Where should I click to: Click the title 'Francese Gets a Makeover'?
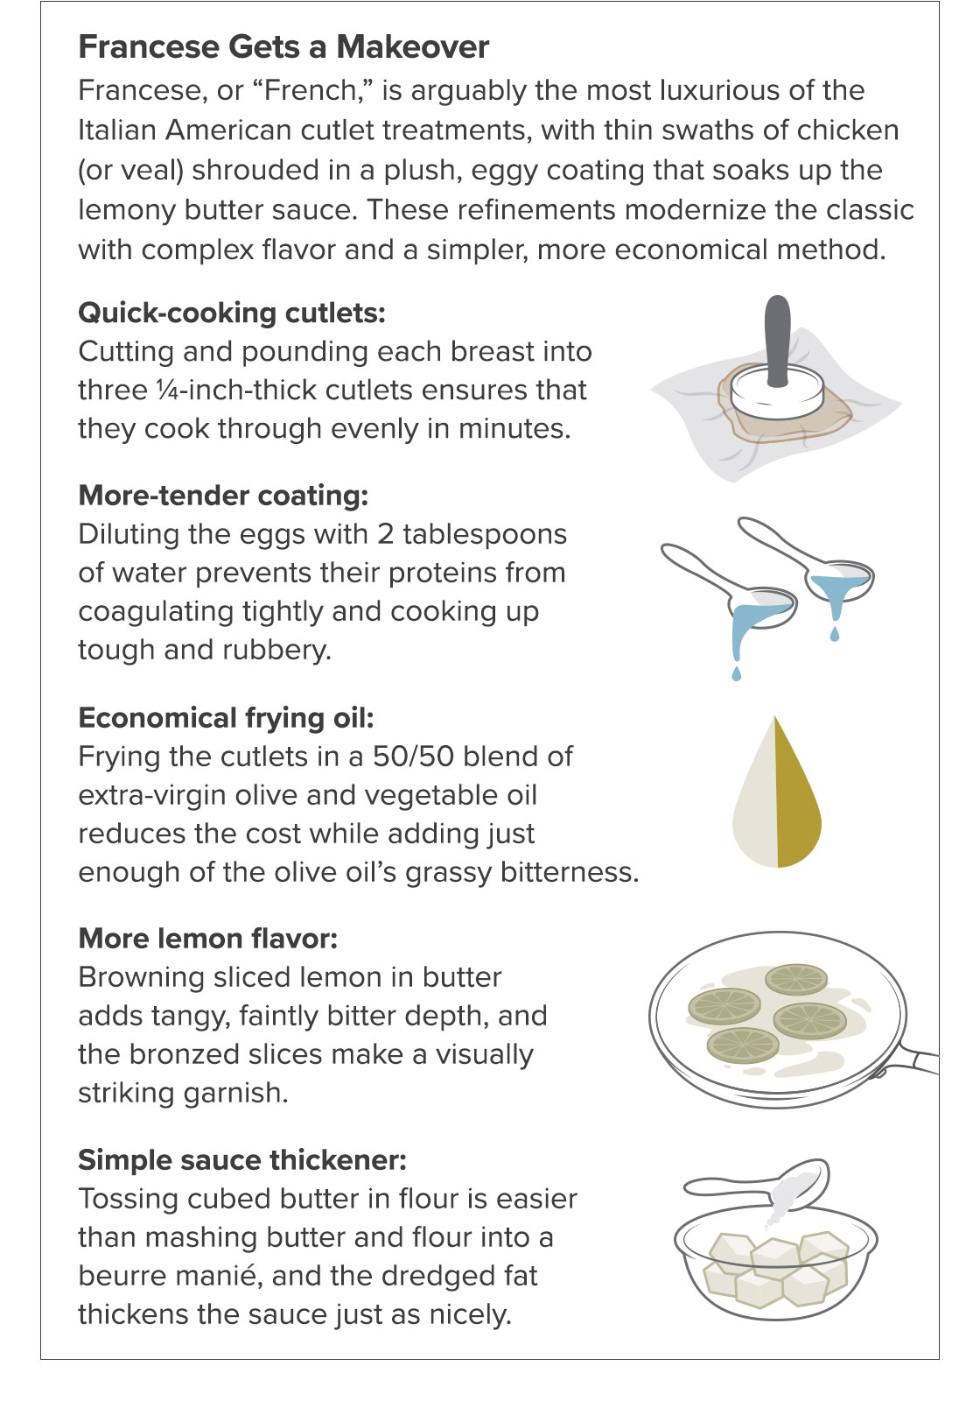[x=283, y=47]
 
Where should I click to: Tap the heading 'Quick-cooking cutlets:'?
[x=231, y=313]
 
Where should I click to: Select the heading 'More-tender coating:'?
[x=223, y=496]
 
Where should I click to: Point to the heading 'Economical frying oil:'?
[x=226, y=717]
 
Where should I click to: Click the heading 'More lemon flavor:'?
[x=207, y=938]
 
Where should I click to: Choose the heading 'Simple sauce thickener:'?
[x=241, y=1160]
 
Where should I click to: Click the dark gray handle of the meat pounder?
[x=778, y=340]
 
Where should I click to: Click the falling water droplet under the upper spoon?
[x=834, y=634]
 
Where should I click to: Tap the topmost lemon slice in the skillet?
[x=796, y=979]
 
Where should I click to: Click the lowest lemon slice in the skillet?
[x=743, y=1045]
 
